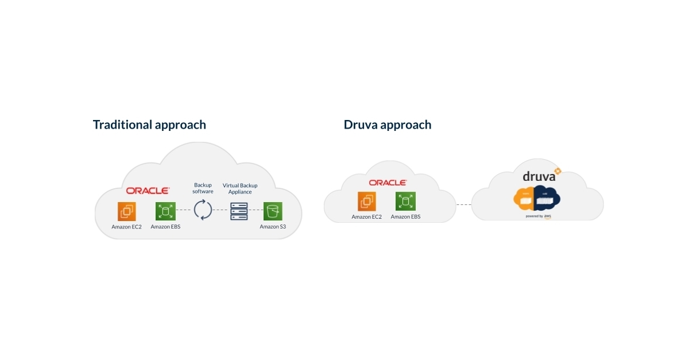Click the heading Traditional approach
pos(149,125)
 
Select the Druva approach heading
pos(388,125)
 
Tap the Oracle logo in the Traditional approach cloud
pos(148,191)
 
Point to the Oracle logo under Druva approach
pos(388,183)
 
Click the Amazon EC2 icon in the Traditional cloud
pos(126,211)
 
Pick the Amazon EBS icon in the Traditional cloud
pos(165,211)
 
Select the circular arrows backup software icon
pos(203,210)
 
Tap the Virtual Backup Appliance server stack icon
pos(239,211)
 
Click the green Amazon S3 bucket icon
pos(273,211)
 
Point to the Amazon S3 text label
pos(273,227)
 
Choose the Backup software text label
pos(203,188)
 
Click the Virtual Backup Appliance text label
pos(240,188)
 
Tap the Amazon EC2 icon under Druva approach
pos(367,202)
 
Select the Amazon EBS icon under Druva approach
pos(405,202)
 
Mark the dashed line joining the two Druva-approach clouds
pos(464,204)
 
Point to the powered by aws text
pos(539,216)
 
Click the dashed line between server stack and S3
pos(256,210)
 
